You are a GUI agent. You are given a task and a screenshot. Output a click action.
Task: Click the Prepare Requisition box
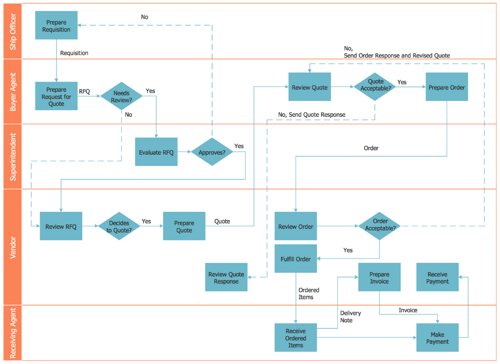coord(57,26)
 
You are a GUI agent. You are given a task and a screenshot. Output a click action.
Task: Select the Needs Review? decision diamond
coord(121,96)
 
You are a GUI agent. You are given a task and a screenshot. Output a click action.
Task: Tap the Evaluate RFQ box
coord(156,152)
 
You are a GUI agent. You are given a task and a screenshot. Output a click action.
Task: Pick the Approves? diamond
coord(212,152)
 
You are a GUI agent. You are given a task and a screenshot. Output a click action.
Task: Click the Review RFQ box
coord(61,226)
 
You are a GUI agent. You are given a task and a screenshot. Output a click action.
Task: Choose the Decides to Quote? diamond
coord(119,226)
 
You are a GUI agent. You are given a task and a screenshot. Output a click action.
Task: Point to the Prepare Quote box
coord(184,226)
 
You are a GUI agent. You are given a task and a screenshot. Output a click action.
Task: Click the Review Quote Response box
coord(226,278)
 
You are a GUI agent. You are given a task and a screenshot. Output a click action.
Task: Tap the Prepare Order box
coord(447,87)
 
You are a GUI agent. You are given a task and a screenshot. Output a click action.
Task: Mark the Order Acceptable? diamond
coord(380,226)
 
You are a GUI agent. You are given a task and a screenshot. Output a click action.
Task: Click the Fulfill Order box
coord(295,259)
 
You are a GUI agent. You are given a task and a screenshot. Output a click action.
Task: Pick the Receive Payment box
coord(437,278)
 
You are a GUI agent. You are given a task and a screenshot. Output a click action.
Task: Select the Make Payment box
coord(437,338)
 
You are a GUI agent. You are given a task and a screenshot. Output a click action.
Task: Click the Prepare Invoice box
coord(379,278)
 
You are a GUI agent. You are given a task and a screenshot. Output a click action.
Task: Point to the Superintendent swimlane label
coord(13,157)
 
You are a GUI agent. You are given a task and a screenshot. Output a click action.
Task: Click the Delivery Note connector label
coord(350,317)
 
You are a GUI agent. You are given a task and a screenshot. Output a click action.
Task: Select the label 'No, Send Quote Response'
coord(312,115)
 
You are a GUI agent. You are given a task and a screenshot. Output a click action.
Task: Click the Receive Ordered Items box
coord(295,338)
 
